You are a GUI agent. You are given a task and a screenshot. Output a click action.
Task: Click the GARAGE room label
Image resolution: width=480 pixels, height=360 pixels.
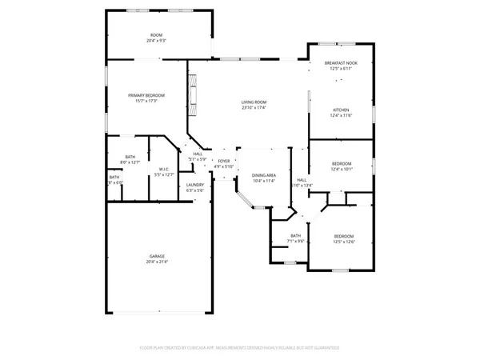point(157,256)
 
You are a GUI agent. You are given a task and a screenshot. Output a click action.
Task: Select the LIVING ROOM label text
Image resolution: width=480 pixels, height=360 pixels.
point(254,102)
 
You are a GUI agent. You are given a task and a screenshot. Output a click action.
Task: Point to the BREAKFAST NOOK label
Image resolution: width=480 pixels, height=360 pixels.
point(341,63)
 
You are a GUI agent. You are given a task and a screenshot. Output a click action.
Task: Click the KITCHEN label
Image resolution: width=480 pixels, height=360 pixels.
point(342,110)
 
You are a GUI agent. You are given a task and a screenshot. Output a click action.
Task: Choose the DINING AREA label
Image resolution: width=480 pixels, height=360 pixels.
point(264,175)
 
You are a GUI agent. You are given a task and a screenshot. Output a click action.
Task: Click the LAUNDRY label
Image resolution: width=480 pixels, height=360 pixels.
point(195,185)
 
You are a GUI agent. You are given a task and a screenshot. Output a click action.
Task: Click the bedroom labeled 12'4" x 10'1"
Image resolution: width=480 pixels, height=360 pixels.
point(342,169)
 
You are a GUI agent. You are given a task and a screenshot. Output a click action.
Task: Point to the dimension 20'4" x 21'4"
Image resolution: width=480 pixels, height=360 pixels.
point(157,262)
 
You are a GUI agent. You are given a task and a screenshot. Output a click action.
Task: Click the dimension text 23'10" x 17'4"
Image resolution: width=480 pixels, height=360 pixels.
point(254,107)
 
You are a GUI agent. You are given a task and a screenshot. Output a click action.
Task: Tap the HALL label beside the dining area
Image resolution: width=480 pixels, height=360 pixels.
point(302,180)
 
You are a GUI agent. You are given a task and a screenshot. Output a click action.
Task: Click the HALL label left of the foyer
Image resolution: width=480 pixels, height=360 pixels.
point(198,154)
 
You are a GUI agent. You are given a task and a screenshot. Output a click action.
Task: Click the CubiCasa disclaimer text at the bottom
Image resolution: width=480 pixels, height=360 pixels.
point(240,348)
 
